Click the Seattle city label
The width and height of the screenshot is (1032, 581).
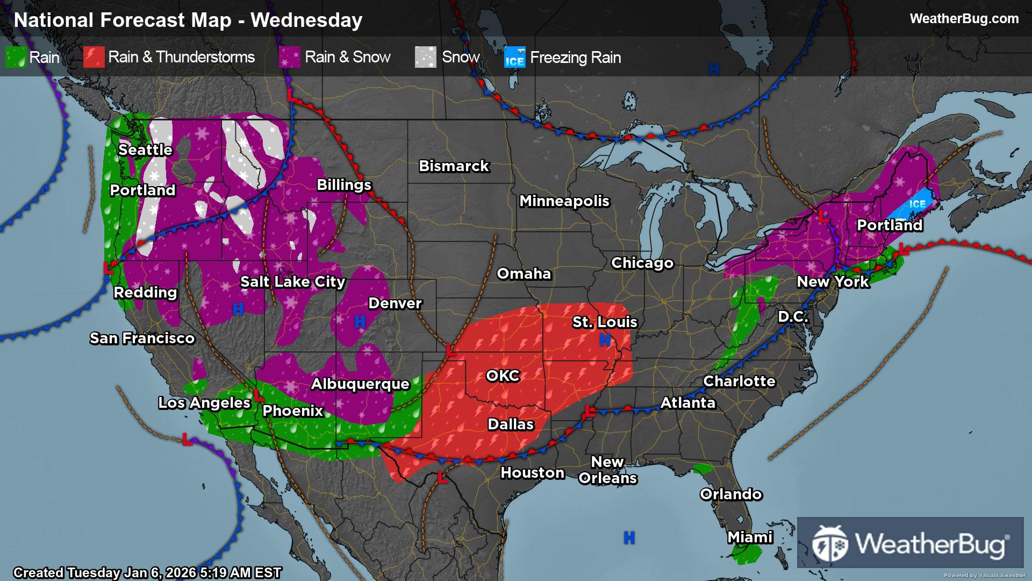pos(145,150)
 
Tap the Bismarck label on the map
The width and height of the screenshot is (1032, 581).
pos(454,166)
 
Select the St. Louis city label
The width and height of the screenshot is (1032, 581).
pos(604,322)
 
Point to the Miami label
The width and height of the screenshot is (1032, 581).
pos(750,537)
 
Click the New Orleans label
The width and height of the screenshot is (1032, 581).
pos(607,470)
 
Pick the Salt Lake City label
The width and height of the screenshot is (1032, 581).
pos(292,281)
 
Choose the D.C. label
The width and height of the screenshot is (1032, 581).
pos(793,316)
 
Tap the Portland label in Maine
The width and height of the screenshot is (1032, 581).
pos(890,225)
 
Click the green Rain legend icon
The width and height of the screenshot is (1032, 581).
pos(16,57)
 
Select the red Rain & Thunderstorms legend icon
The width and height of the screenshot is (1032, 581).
pos(94,57)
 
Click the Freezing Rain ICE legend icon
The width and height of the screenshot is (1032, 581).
pos(514,58)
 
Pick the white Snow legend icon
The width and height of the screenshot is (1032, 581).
pos(425,57)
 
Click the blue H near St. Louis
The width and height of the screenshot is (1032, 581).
pos(605,339)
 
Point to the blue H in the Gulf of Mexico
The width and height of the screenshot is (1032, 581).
pos(629,537)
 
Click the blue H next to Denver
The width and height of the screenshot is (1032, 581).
pos(360,322)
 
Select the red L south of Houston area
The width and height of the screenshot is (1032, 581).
pos(442,477)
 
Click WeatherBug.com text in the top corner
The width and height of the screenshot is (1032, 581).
pos(964,19)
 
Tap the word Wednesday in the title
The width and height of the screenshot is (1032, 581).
pos(306,20)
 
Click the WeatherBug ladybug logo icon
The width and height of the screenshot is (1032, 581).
pos(830,543)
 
